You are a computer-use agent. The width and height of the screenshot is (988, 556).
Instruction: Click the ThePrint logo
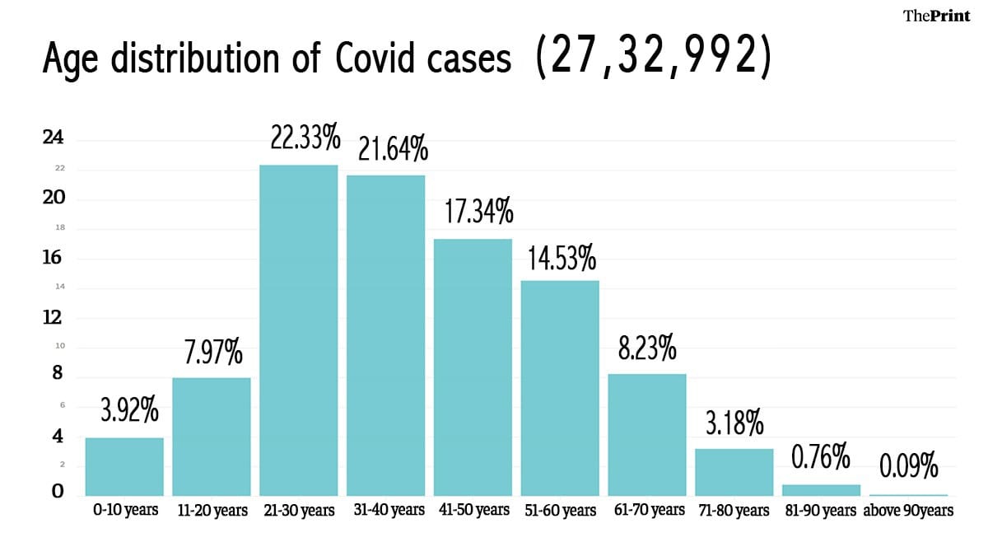(x=937, y=16)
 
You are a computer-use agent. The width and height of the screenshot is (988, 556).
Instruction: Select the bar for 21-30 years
(x=298, y=329)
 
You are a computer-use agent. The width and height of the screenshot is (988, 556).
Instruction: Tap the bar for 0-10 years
(x=124, y=466)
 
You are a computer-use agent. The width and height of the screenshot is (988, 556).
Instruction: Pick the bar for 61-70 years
(x=646, y=434)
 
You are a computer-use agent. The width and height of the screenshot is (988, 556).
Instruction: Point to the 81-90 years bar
(x=821, y=490)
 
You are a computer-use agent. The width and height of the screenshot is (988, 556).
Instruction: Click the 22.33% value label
(x=305, y=138)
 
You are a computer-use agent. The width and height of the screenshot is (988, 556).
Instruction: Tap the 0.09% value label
(x=908, y=468)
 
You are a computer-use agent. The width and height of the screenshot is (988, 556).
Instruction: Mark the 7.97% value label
(x=212, y=353)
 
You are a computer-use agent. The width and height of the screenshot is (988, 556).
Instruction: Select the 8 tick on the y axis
(x=57, y=373)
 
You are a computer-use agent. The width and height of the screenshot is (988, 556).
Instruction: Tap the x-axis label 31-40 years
(x=385, y=510)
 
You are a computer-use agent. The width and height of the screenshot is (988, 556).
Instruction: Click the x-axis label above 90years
(x=908, y=511)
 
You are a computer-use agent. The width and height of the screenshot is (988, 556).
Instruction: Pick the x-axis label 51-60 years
(x=560, y=511)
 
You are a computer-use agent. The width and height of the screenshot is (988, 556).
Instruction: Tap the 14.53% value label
(x=560, y=259)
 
